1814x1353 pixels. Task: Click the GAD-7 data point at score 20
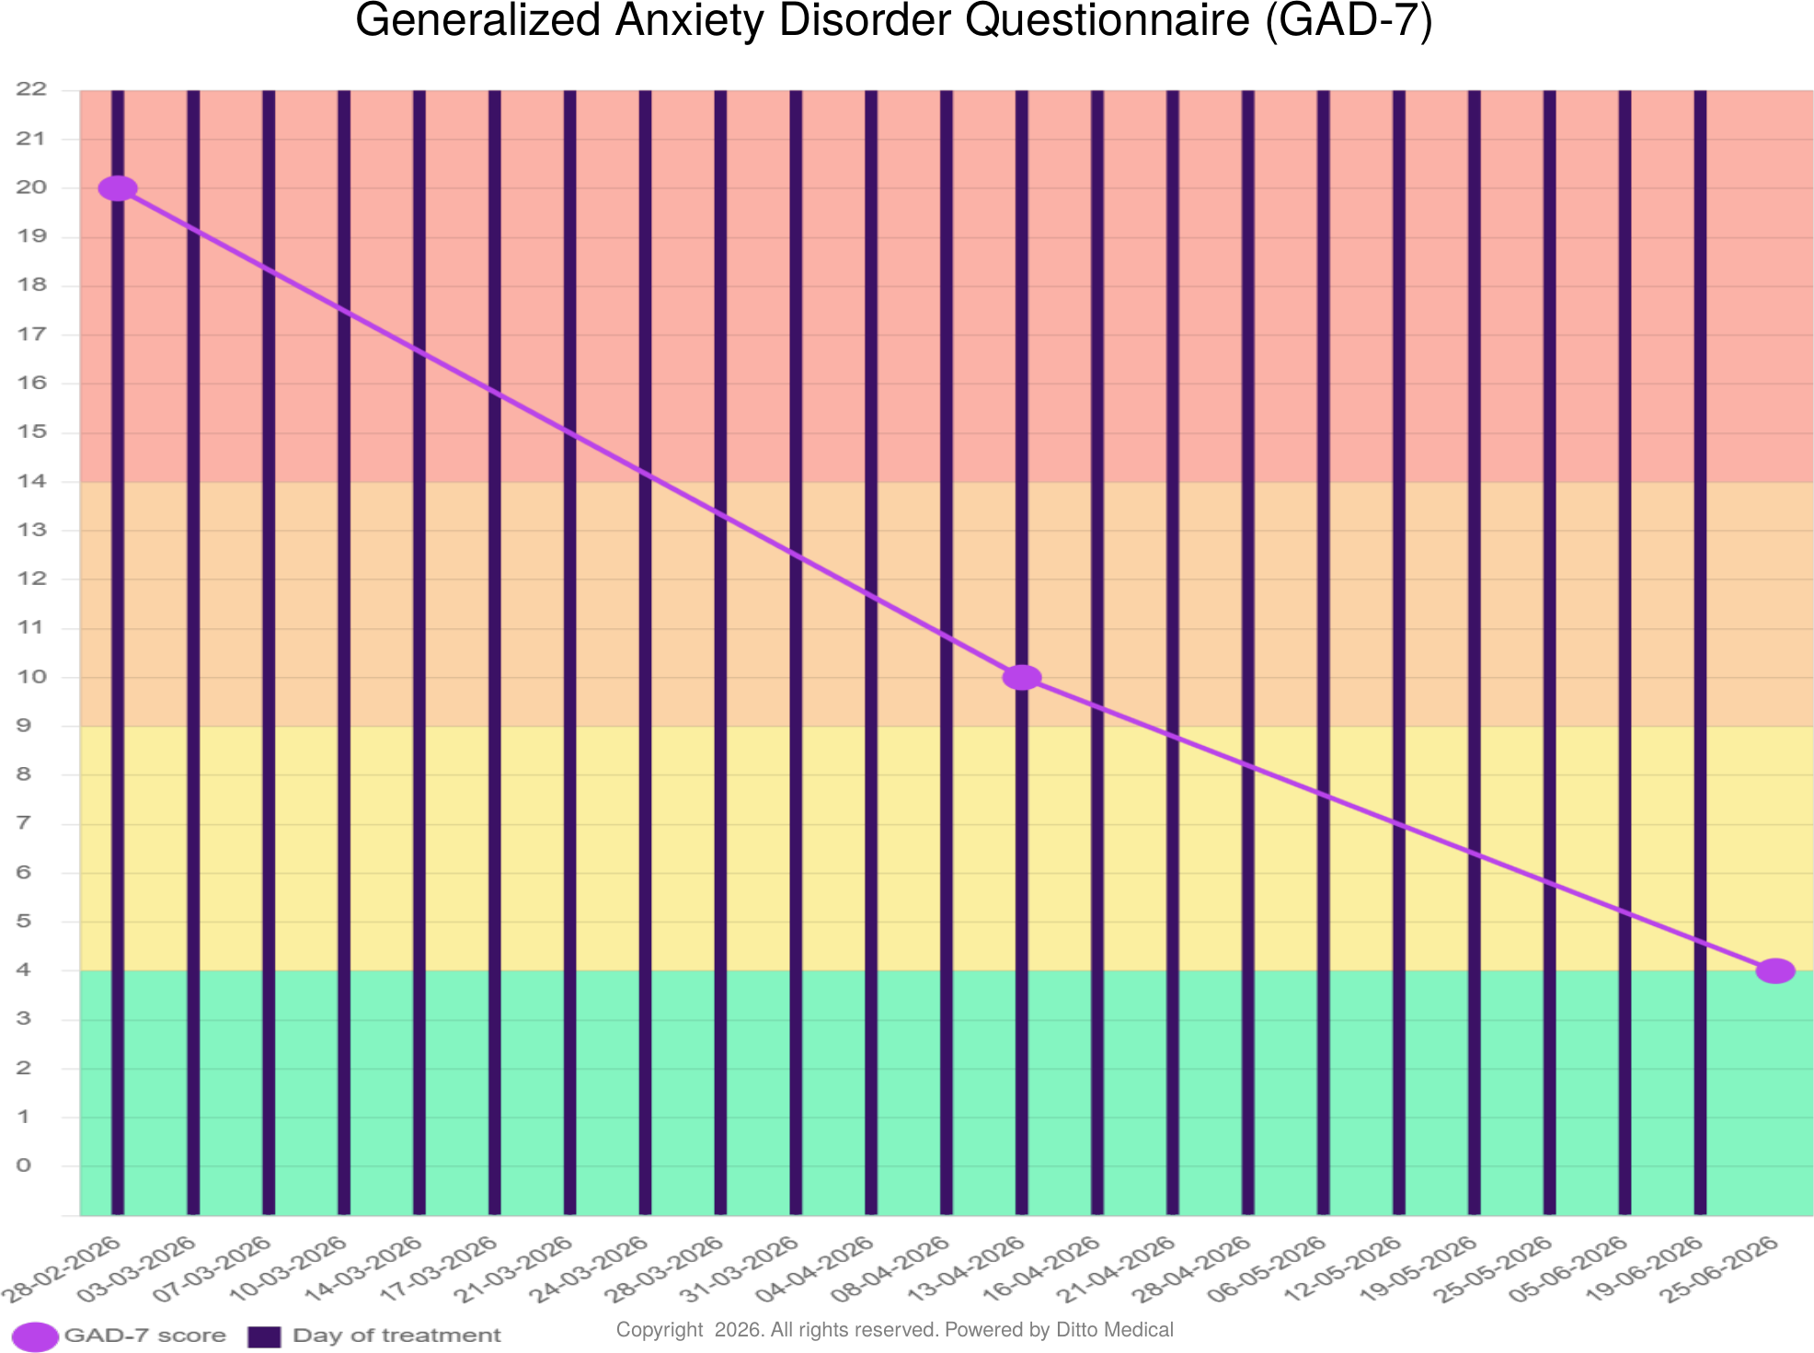click(x=118, y=189)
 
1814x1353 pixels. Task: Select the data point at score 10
click(x=1021, y=678)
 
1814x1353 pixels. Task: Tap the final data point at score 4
click(x=1774, y=970)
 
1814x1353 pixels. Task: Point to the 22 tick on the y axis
click(x=31, y=89)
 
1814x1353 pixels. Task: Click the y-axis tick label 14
click(x=31, y=481)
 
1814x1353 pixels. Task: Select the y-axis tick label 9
click(x=24, y=726)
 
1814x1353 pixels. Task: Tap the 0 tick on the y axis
click(x=24, y=1165)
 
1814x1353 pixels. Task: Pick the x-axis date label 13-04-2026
click(x=966, y=1269)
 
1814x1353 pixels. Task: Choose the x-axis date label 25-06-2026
click(x=1718, y=1269)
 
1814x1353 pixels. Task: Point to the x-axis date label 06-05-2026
click(x=1268, y=1269)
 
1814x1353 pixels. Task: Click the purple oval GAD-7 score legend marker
click(x=35, y=1336)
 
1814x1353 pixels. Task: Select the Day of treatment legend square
click(x=264, y=1336)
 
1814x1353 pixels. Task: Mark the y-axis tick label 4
click(x=24, y=969)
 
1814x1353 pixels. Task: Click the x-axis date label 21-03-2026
click(x=514, y=1269)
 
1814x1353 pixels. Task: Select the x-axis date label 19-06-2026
click(x=1644, y=1269)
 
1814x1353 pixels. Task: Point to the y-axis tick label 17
click(x=31, y=334)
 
